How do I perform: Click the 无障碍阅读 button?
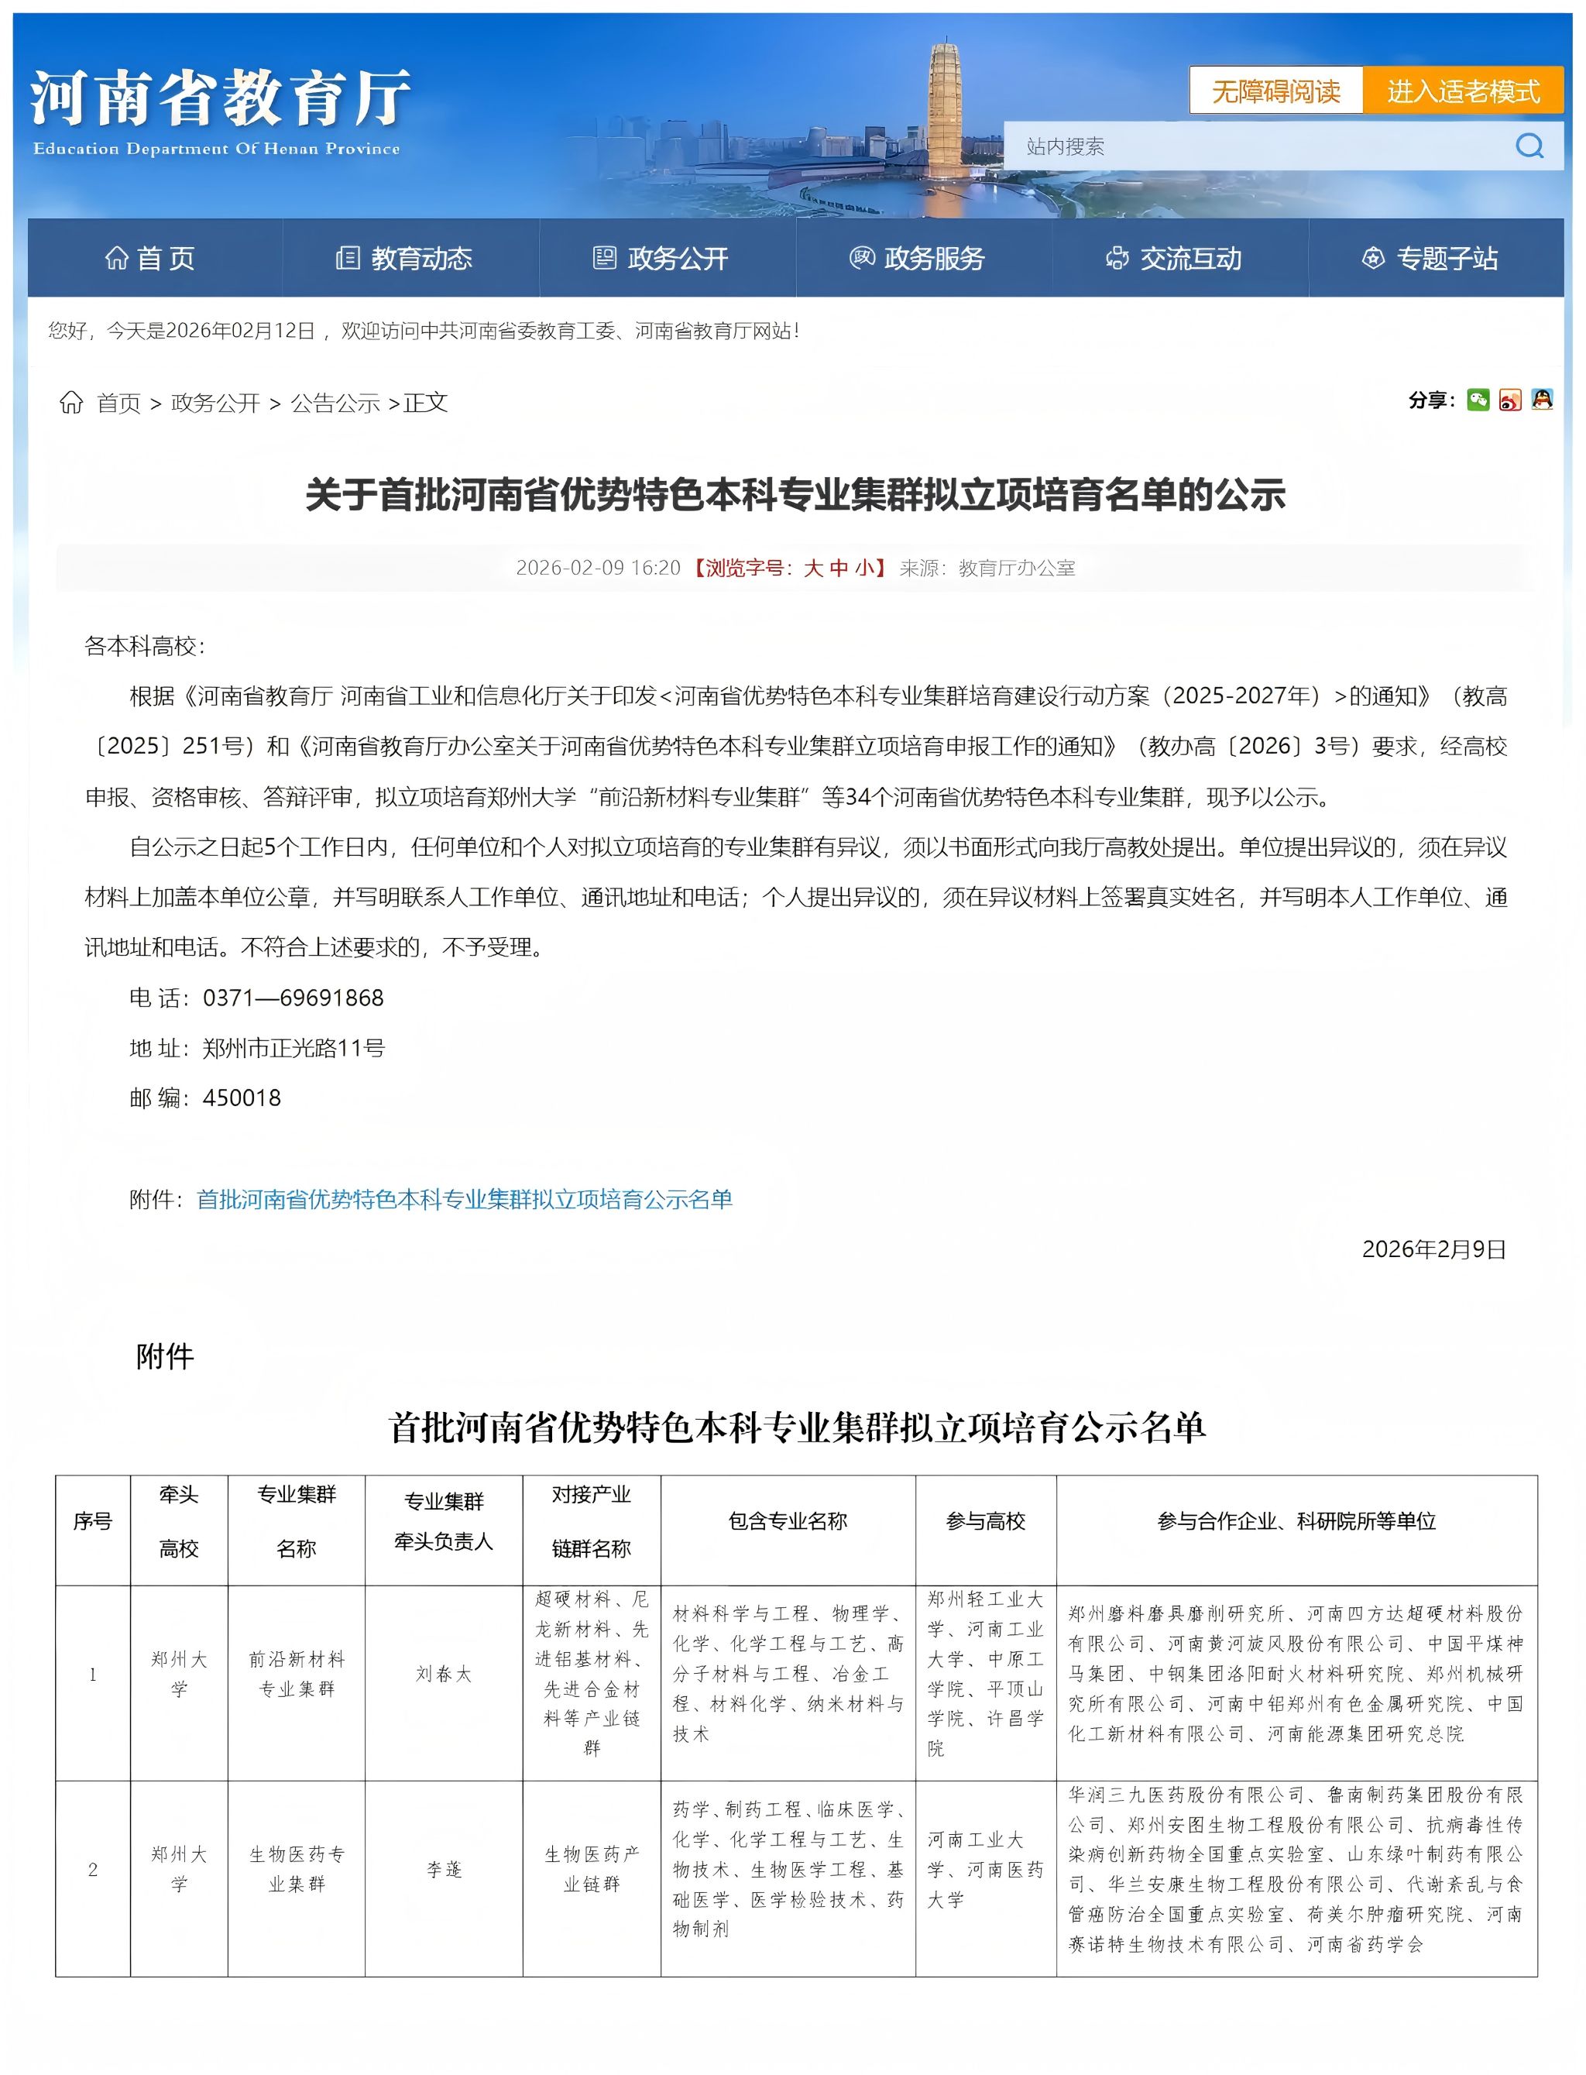point(1275,91)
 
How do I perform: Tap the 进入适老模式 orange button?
point(1462,91)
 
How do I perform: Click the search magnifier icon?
point(1529,146)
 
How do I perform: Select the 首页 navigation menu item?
point(151,258)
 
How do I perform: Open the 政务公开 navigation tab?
point(661,258)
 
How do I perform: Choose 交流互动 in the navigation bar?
point(1173,258)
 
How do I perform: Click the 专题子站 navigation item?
point(1430,258)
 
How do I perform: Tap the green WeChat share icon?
point(1478,400)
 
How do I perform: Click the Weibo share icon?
point(1509,400)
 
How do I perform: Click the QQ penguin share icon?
point(1542,400)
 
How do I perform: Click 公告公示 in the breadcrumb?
point(335,403)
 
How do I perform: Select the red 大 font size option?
point(813,568)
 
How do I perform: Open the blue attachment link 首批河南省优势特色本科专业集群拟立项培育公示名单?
point(464,1199)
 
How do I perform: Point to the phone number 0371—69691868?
point(293,998)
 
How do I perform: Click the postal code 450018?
point(242,1098)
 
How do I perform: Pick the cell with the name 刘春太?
point(443,1674)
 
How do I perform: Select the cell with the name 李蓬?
point(443,1871)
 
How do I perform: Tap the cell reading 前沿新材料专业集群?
point(297,1674)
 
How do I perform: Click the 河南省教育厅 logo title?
point(219,99)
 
